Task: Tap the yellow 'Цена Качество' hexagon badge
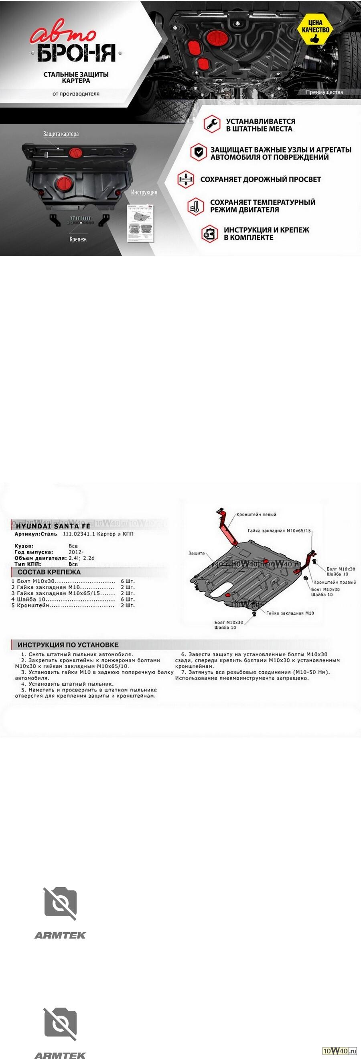pos(315,29)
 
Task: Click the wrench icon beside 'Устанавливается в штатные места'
pos(212,124)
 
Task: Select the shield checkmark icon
pos(199,152)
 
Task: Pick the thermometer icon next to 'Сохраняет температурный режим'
pos(195,206)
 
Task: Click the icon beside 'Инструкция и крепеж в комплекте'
pos(209,234)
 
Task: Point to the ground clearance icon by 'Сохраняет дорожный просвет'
pos(186,179)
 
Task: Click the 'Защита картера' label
pos(61,134)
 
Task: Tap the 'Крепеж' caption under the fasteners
pos(78,239)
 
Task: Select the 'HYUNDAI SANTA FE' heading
pos(53,526)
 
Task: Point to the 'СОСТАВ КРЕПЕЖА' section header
pos(49,572)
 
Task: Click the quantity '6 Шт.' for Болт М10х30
pos(128,581)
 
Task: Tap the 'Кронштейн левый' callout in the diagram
pos(256,514)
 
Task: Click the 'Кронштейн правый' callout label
pos(335,582)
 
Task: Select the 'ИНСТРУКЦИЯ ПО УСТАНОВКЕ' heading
pos(68,645)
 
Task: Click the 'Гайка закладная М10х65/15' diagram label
pos(279,531)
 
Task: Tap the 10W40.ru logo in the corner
pos(339,1051)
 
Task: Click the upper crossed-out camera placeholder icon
pos(60,903)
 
